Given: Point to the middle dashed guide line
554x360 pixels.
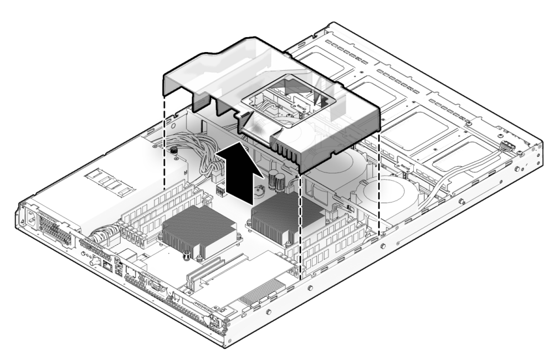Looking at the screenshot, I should pos(300,222).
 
